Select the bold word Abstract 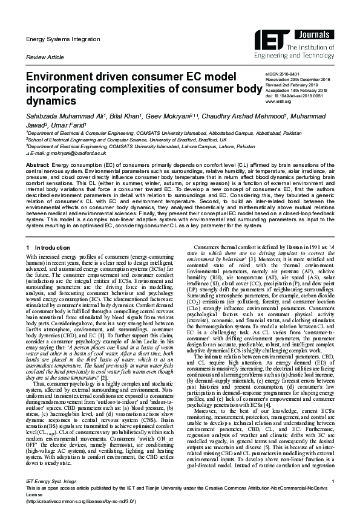coord(38,164)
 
